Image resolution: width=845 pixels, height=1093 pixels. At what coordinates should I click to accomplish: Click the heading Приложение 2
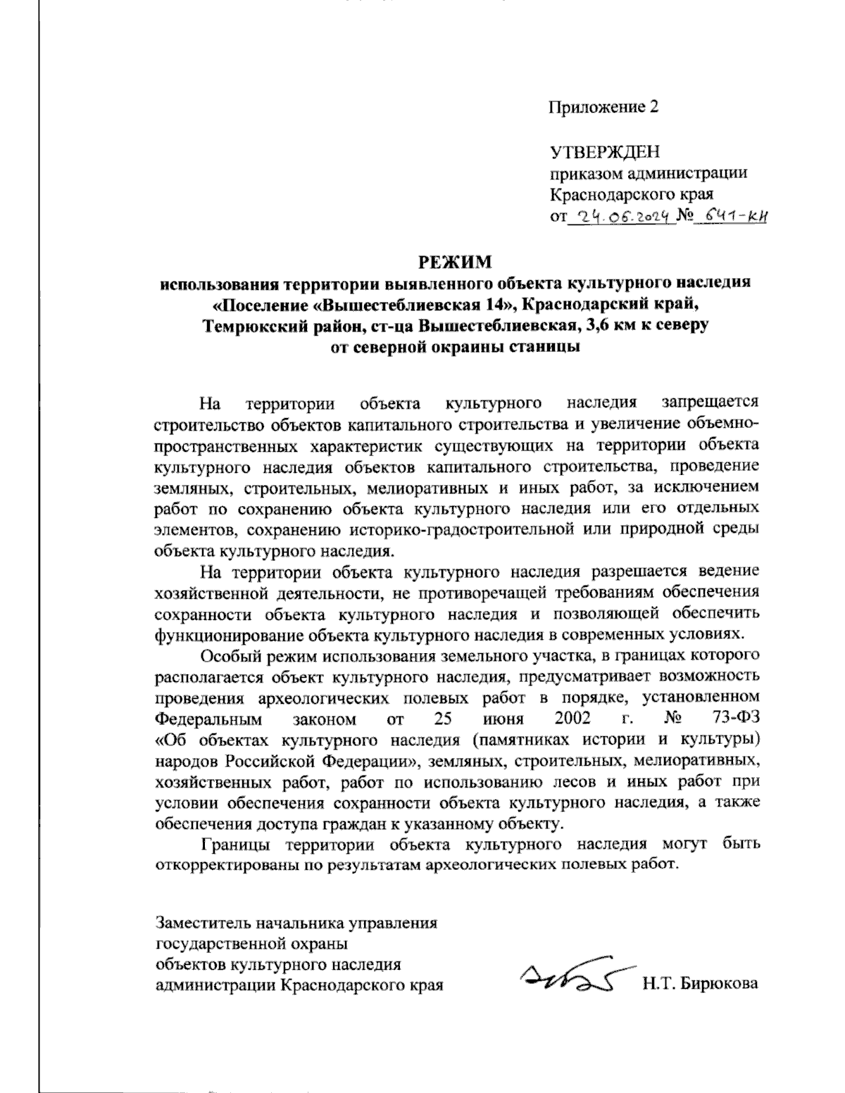(x=603, y=107)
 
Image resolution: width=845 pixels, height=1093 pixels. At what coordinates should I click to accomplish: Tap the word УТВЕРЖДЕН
(x=604, y=152)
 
